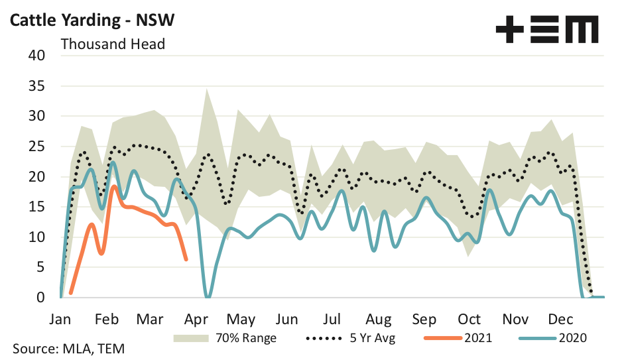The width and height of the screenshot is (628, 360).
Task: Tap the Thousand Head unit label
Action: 113,44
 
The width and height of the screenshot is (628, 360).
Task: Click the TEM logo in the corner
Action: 546,30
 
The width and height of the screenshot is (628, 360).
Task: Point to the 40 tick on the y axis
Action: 36,56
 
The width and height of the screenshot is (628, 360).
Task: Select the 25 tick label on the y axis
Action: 36,147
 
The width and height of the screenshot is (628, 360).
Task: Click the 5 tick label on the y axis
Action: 40,267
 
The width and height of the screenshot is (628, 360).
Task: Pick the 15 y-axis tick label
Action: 36,207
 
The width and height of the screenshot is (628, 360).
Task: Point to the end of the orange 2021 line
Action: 186,259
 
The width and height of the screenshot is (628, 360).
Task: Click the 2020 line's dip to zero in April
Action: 208,296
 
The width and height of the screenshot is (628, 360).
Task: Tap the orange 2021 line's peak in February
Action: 114,186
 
